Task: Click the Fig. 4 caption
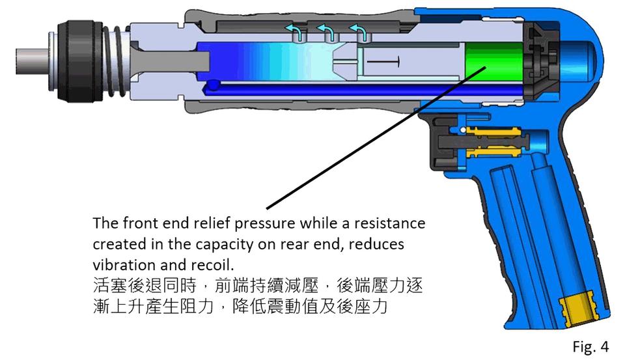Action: [590, 346]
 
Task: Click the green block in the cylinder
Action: [493, 62]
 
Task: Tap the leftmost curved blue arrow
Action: [296, 31]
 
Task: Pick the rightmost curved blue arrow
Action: [357, 31]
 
